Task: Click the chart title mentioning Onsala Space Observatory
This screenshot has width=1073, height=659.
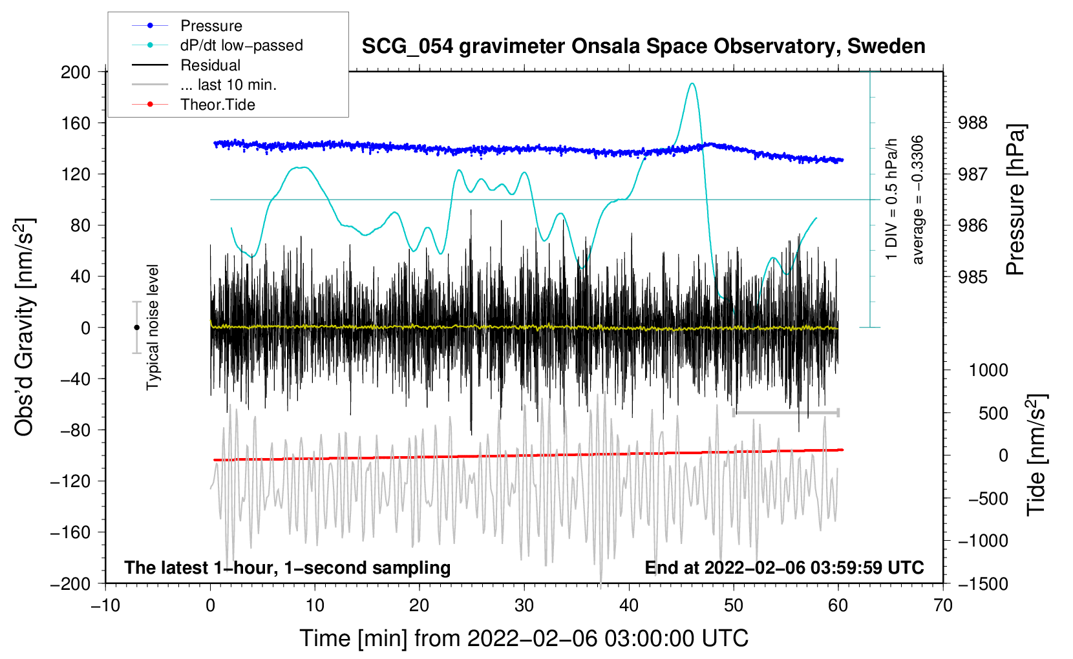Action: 643,47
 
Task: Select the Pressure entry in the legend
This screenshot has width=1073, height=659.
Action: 211,26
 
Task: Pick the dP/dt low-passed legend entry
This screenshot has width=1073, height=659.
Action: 241,45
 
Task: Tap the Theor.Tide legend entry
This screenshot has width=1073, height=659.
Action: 217,105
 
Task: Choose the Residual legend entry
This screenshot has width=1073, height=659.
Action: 210,65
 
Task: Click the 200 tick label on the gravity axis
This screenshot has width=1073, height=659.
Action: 76,72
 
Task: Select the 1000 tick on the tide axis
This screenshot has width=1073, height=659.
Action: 988,370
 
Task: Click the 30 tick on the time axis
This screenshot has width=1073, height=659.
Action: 524,606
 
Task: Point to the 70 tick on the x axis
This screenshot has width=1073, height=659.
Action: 943,606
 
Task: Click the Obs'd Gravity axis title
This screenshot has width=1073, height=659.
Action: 25,327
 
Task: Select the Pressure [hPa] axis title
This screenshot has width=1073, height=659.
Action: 1016,200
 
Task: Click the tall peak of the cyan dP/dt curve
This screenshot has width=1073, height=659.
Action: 692,83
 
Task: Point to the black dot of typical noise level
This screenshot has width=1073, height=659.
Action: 136,328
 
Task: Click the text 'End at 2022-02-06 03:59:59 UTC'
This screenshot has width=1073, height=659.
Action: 784,568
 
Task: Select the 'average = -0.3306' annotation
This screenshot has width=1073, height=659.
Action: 918,200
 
